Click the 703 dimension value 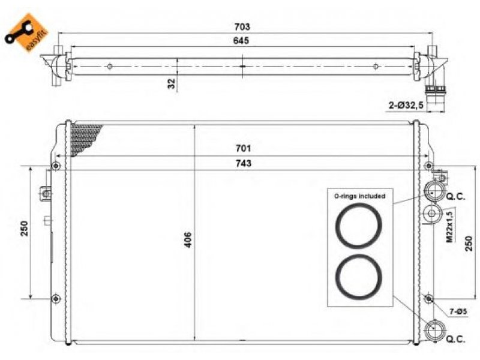pyautogui.click(x=242, y=27)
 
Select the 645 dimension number pyautogui.click(x=241, y=41)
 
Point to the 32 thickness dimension pyautogui.click(x=172, y=83)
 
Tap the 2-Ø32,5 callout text pyautogui.click(x=406, y=106)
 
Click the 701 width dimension pyautogui.click(x=243, y=148)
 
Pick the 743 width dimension pyautogui.click(x=244, y=163)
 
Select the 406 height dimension pyautogui.click(x=188, y=240)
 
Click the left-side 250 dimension pyautogui.click(x=24, y=229)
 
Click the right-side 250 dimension pyautogui.click(x=469, y=244)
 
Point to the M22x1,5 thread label pyautogui.click(x=449, y=227)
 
